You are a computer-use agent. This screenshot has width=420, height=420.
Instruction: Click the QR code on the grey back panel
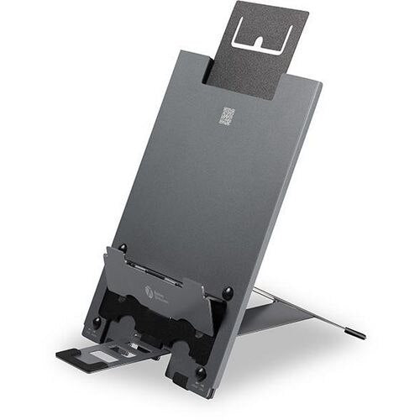(x=227, y=117)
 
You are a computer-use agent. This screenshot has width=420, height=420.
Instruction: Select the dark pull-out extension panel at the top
(x=252, y=50)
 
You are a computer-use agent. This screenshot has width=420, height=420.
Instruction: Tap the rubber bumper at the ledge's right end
(x=227, y=292)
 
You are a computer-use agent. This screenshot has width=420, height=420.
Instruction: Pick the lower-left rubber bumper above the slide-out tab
(x=97, y=322)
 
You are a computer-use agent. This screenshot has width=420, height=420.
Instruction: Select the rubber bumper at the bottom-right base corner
(x=200, y=373)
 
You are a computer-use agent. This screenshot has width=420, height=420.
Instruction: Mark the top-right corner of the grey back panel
(x=322, y=81)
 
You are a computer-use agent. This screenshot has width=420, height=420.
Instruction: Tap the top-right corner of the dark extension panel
(x=307, y=12)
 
